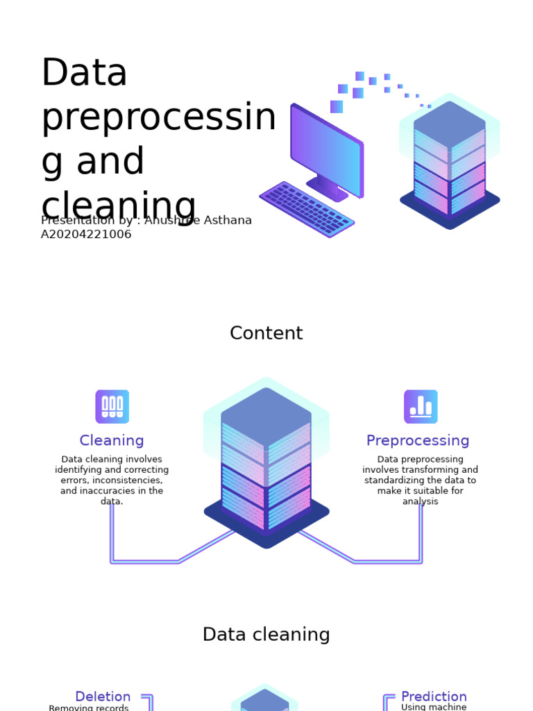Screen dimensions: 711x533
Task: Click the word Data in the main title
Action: click(x=85, y=73)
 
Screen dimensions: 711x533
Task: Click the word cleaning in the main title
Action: click(x=119, y=206)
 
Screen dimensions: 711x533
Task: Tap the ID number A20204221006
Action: click(x=86, y=235)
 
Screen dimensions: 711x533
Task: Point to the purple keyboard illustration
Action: click(x=307, y=209)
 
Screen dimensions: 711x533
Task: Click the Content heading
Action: click(x=266, y=333)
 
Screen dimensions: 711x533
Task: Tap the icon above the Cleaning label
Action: click(x=112, y=406)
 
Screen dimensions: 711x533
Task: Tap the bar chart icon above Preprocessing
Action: click(x=421, y=406)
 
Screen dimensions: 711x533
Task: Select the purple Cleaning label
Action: click(x=112, y=441)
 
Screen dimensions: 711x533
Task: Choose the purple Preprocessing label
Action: click(x=418, y=441)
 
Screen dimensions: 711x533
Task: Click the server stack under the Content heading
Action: click(x=266, y=462)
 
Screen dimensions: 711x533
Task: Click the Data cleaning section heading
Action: click(x=266, y=635)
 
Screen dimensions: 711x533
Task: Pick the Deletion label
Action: click(x=103, y=696)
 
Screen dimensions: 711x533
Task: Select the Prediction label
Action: click(x=434, y=696)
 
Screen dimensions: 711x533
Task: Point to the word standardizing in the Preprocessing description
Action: click(x=396, y=480)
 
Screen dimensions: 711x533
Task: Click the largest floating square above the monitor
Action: click(x=337, y=106)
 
